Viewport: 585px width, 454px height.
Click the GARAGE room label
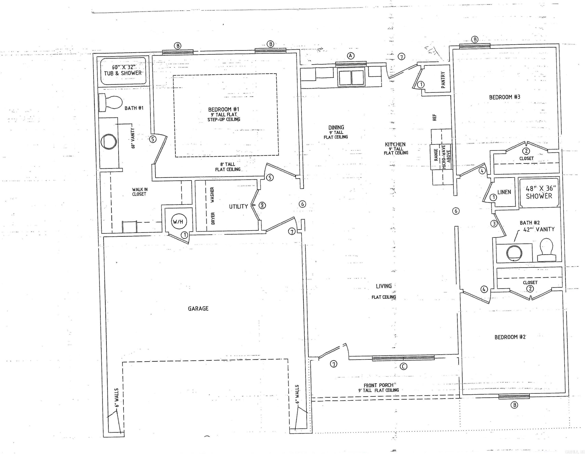click(x=198, y=308)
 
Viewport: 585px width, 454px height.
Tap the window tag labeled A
click(x=351, y=56)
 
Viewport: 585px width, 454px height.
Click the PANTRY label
click(x=443, y=80)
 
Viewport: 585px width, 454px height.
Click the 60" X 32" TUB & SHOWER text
click(x=123, y=70)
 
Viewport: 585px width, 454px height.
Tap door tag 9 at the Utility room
click(x=262, y=205)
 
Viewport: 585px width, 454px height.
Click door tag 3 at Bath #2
click(x=494, y=223)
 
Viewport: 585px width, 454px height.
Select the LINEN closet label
click(x=504, y=192)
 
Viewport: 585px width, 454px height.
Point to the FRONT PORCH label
click(x=379, y=385)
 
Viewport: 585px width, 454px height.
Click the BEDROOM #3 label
click(x=504, y=97)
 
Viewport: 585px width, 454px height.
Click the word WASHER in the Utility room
click(x=212, y=195)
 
